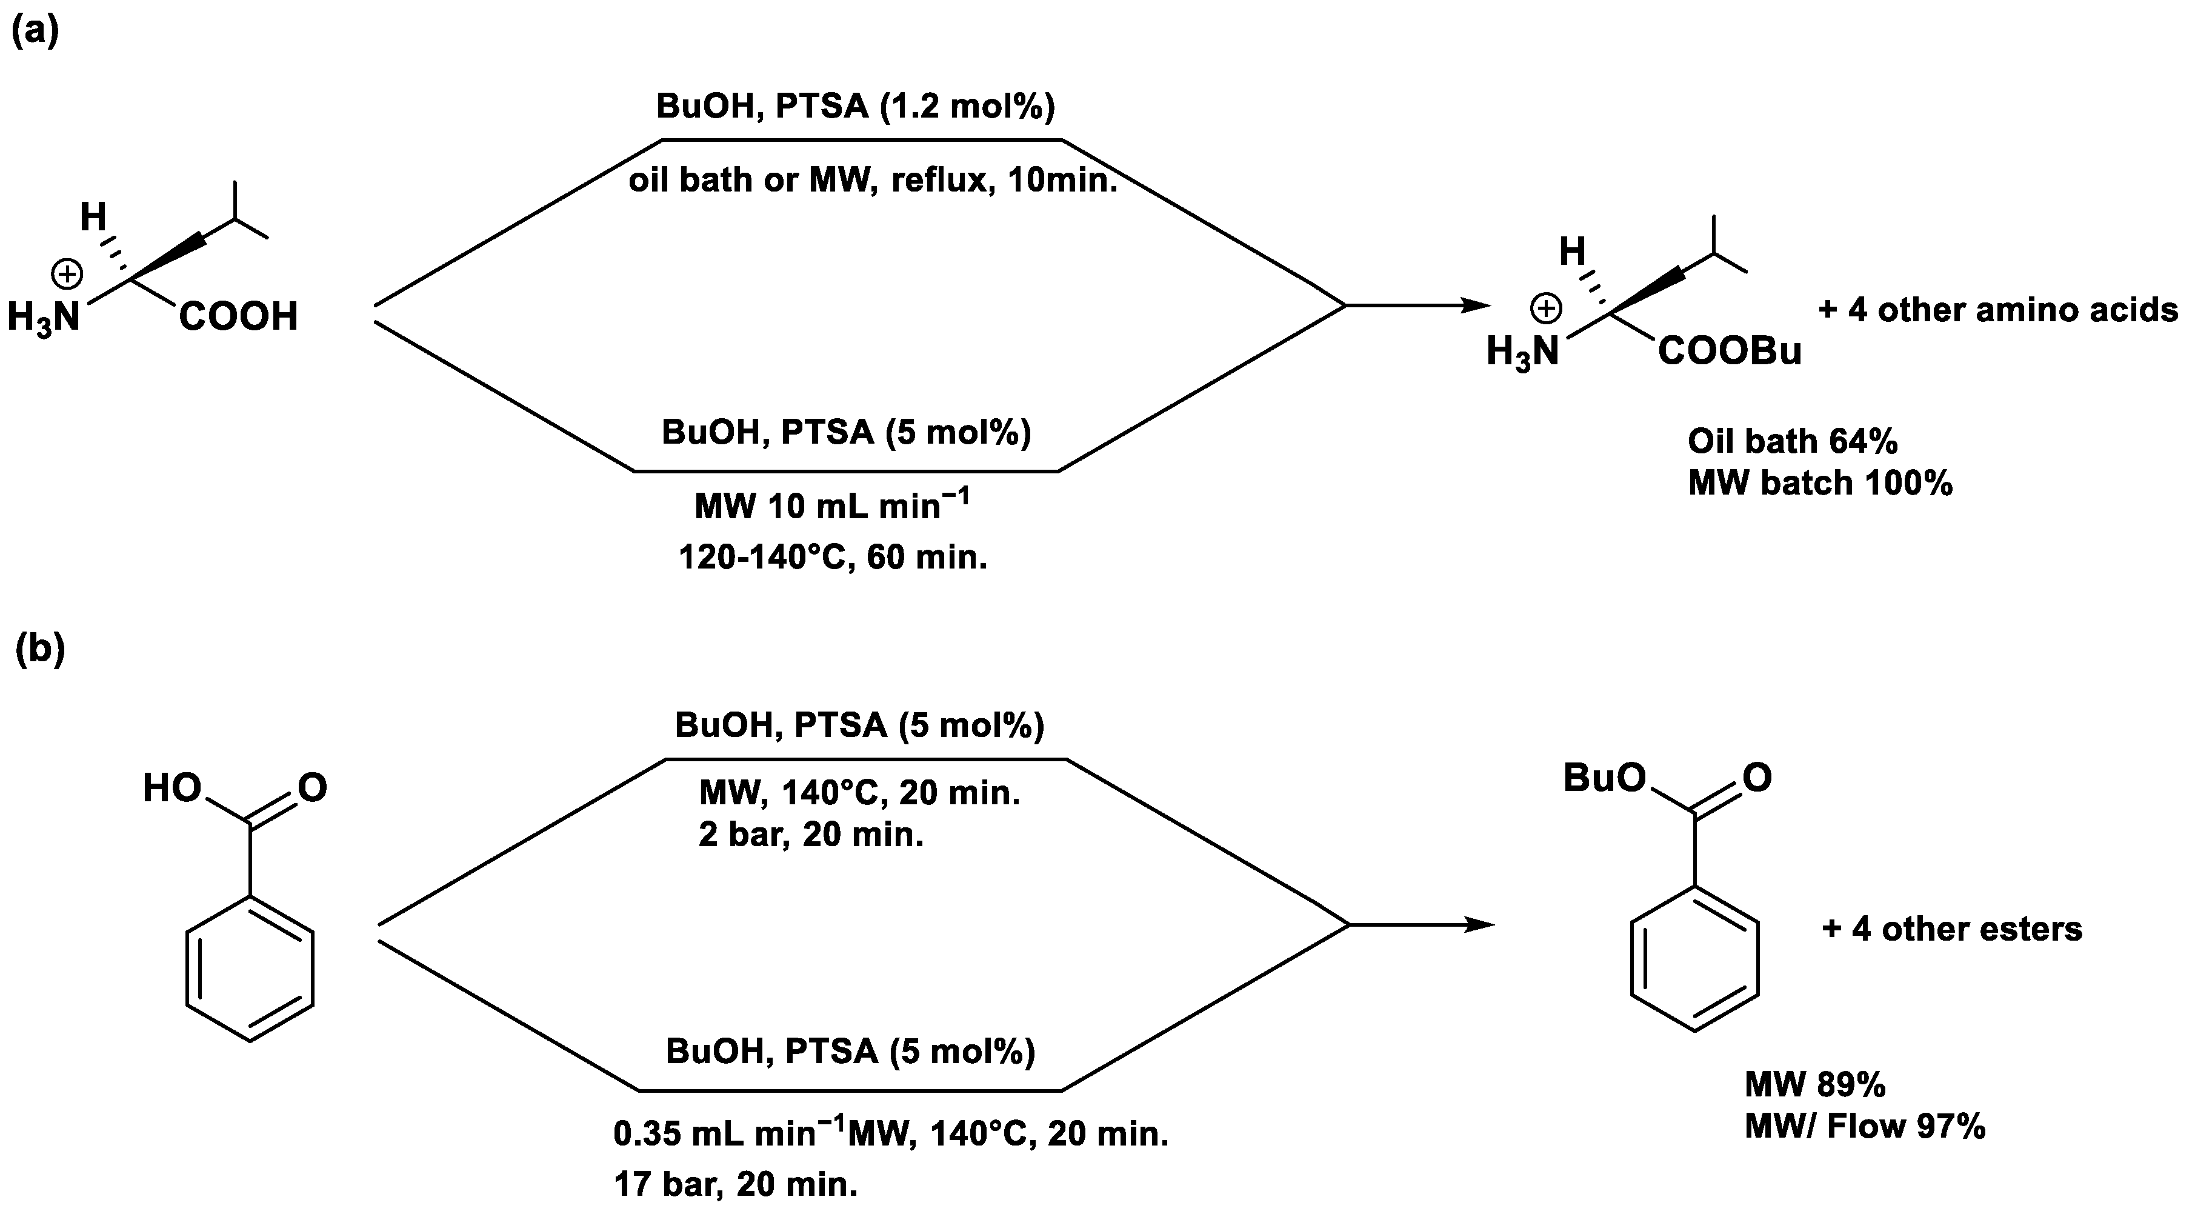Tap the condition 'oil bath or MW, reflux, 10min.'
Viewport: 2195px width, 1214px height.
[873, 180]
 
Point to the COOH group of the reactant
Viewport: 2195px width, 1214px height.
[239, 317]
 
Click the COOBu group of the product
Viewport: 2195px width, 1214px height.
[1730, 351]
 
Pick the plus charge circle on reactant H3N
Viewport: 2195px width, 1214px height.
[67, 275]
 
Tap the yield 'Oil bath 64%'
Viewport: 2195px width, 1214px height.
[1793, 441]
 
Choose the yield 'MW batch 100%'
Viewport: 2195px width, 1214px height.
[1820, 483]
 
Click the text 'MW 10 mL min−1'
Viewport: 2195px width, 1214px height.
[831, 506]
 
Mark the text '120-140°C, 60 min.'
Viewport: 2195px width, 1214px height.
[833, 557]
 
